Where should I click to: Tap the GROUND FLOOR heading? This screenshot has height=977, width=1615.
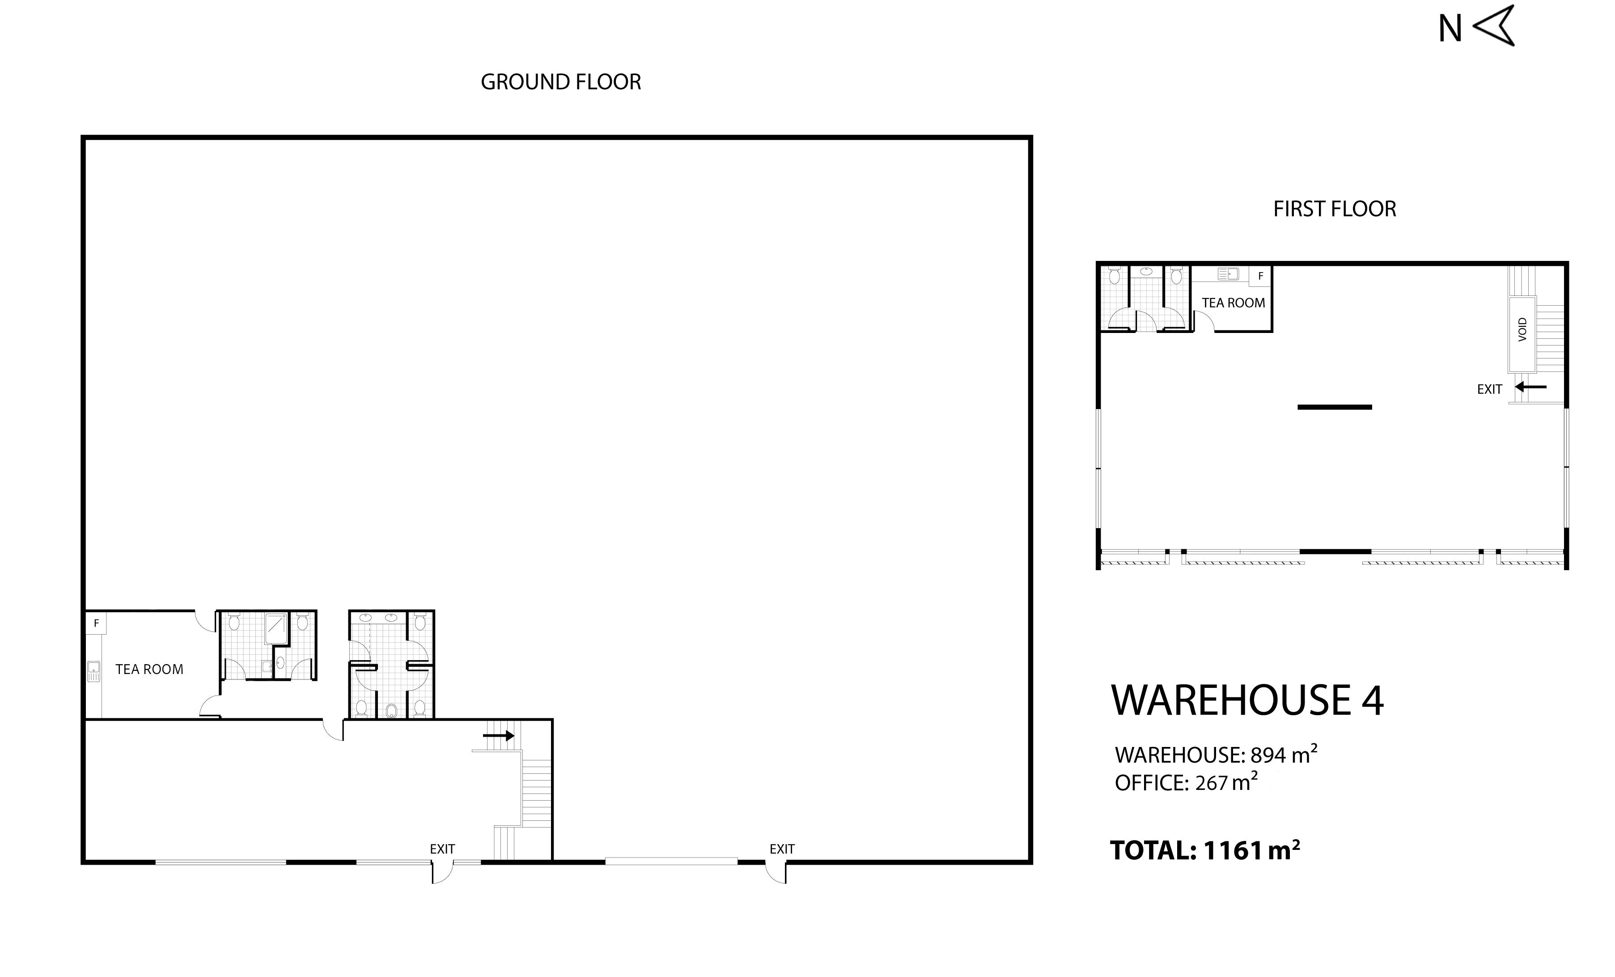[x=560, y=82]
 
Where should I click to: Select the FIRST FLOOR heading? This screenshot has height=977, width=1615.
[x=1335, y=209]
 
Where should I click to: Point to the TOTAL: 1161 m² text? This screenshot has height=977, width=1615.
[x=1205, y=850]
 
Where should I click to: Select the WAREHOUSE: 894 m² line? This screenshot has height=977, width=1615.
[x=1216, y=754]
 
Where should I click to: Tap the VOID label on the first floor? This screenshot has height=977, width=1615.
[x=1522, y=329]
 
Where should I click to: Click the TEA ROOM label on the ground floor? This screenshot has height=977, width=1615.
[x=149, y=670]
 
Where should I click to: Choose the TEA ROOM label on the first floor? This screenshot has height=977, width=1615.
[x=1234, y=303]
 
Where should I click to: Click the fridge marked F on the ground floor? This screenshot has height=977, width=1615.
[x=96, y=623]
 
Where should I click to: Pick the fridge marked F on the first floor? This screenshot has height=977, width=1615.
[x=1260, y=276]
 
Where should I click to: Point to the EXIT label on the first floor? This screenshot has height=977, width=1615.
[x=1489, y=389]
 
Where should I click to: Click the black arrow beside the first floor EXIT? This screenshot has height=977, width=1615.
[x=1530, y=387]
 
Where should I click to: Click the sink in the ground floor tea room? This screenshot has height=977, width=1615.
[x=93, y=671]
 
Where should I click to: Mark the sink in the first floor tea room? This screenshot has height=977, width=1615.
[x=1228, y=274]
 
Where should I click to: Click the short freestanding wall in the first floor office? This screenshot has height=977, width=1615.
[x=1335, y=407]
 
